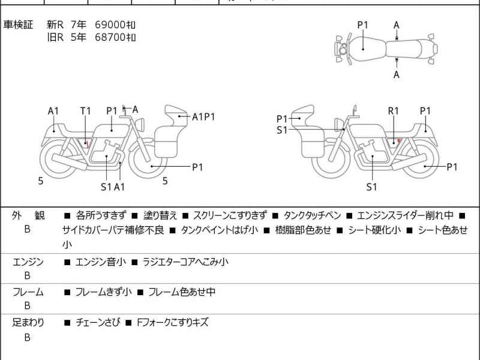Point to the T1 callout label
tap(85, 111)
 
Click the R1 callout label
tap(394, 111)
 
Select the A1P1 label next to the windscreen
tap(203, 116)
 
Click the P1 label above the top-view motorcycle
tap(363, 25)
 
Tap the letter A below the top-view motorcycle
tap(396, 74)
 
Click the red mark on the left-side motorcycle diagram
tap(88, 143)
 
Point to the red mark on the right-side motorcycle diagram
tap(399, 141)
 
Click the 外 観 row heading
tap(28, 215)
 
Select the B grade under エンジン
tap(27, 275)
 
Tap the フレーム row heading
tap(28, 292)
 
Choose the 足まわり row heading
tap(28, 322)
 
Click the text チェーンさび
tap(97, 322)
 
